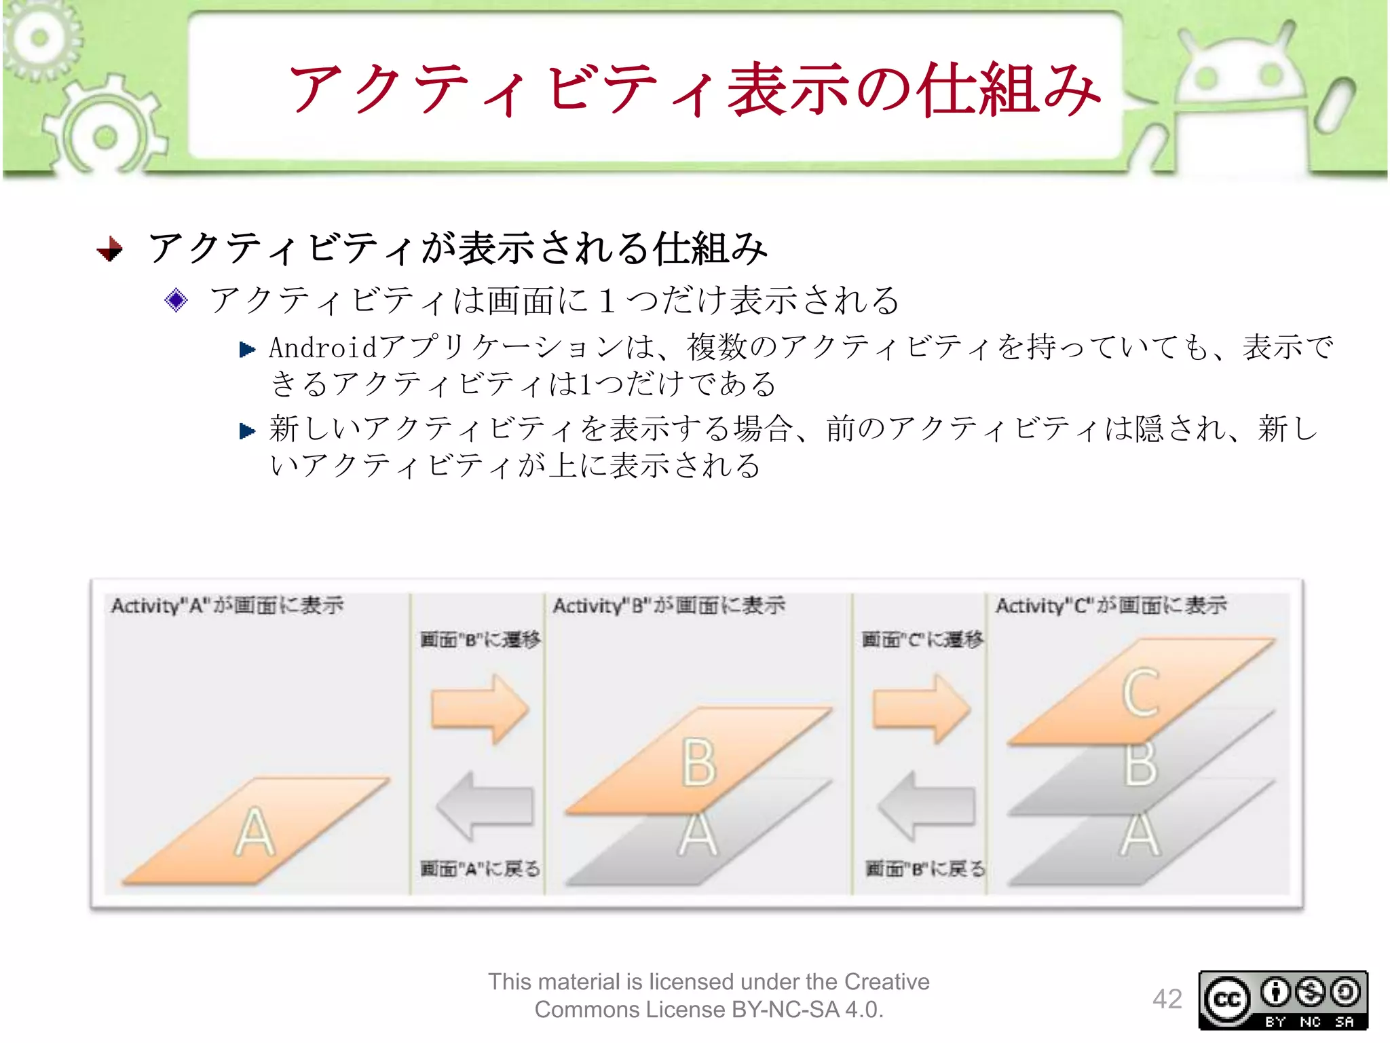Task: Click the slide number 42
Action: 1167,999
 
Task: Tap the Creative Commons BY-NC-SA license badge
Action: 1283,1000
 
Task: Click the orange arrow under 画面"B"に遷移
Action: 480,708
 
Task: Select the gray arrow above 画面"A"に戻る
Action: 485,806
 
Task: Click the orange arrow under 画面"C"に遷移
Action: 922,708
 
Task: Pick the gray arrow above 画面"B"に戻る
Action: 926,806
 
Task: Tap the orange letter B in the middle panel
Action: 698,763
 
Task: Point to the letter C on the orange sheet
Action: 1140,693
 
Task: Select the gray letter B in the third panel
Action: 1140,765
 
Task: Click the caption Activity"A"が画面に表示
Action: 227,605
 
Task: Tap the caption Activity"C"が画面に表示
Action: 1111,605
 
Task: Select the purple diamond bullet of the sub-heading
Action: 176,299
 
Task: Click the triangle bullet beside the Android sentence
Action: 247,350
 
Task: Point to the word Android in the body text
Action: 322,348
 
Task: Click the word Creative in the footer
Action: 886,982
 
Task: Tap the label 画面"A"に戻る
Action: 480,868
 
